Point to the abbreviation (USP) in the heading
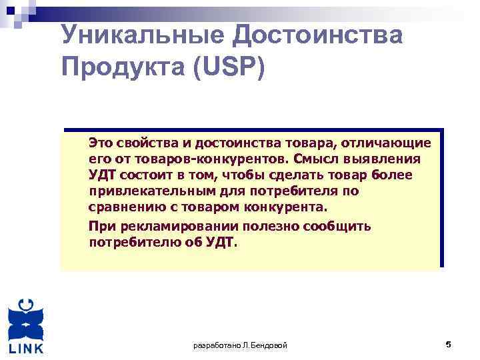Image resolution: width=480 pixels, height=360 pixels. [x=227, y=67]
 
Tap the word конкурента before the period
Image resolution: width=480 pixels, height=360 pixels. [x=290, y=207]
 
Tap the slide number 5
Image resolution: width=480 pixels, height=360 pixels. [x=448, y=345]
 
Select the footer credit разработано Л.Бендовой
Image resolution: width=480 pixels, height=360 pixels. [x=240, y=345]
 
